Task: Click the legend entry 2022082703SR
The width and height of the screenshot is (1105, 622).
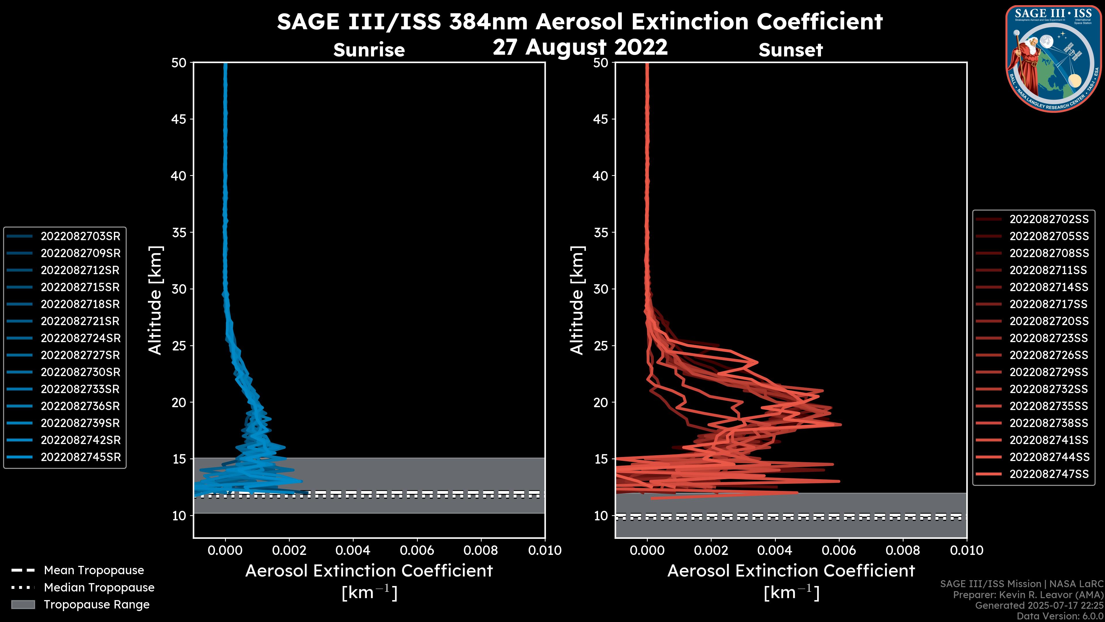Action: click(80, 236)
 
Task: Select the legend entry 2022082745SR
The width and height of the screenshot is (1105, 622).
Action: click(80, 457)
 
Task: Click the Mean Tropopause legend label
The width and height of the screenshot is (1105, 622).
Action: click(94, 570)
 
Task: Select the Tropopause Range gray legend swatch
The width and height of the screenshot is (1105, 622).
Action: click(23, 604)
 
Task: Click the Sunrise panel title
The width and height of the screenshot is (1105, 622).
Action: click(369, 50)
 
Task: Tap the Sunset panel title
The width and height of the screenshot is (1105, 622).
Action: click(790, 50)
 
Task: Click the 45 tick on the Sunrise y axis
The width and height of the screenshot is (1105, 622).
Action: click(179, 119)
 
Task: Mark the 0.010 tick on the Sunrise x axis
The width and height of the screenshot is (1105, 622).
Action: click(544, 550)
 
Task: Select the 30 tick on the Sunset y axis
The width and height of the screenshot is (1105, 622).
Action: click(601, 289)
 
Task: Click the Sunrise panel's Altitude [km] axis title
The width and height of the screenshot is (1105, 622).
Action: click(155, 300)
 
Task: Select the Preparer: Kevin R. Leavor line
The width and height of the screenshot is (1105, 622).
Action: click(1028, 595)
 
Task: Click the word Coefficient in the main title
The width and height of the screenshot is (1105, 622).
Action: click(819, 22)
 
